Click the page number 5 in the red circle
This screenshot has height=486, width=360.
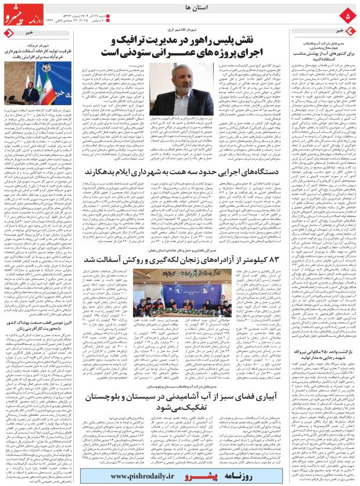[x=348, y=13]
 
